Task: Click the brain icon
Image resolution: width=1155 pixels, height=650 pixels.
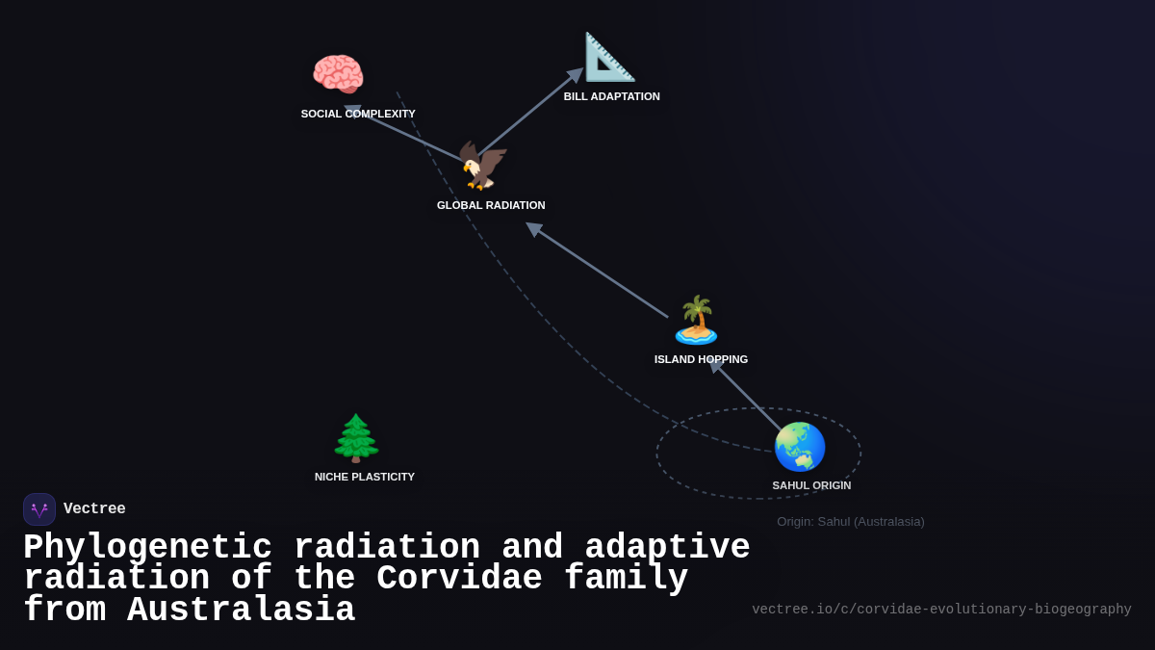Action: pos(338,75)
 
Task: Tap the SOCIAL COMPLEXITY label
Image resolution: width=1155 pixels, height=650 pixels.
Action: pos(358,114)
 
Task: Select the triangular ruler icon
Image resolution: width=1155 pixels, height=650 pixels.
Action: pos(609,57)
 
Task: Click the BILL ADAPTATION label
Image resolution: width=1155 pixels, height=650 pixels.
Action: pos(612,96)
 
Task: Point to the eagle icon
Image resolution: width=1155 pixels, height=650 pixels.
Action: pos(481,166)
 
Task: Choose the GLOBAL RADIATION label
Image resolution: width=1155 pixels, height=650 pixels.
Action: pos(491,205)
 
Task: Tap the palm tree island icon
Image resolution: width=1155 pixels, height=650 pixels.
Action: pos(696,320)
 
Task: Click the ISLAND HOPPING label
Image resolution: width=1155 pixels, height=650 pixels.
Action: pos(701,359)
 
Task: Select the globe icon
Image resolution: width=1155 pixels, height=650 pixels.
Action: pos(800,447)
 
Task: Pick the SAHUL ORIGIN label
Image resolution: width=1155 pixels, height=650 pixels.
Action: pos(811,485)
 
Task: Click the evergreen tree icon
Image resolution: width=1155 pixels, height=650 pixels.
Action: pos(356,438)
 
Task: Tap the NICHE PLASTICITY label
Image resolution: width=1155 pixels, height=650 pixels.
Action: pos(365,477)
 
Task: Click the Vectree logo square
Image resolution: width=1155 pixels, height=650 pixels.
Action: pos(39,509)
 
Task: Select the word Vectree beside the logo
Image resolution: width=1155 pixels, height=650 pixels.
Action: pos(94,509)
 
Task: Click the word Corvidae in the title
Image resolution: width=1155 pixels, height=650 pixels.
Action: pos(459,579)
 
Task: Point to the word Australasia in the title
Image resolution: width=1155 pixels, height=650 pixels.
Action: pos(241,611)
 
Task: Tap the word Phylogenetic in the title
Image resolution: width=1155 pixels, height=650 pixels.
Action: pos(147,548)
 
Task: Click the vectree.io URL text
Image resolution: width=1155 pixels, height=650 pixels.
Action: pos(941,610)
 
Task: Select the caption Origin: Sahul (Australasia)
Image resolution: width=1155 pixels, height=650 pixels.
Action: pos(851,522)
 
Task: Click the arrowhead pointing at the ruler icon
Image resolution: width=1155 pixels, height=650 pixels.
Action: pos(576,74)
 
